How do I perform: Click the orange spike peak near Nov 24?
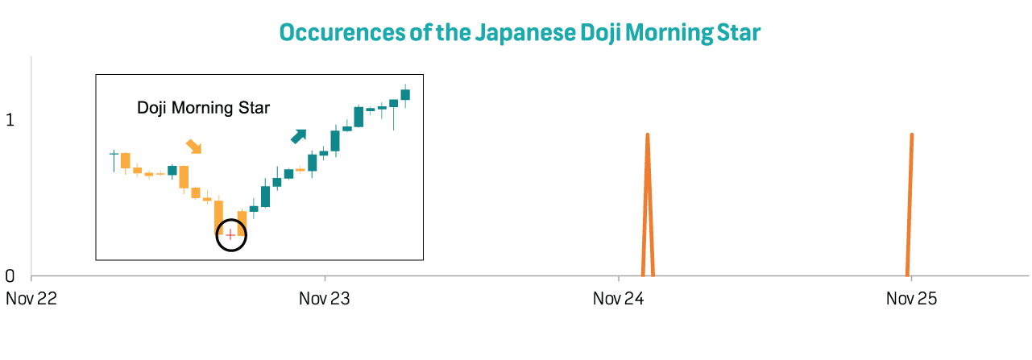(x=648, y=135)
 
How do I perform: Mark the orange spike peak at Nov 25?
(x=911, y=135)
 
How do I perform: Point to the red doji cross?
(x=230, y=234)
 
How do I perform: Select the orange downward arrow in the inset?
(x=194, y=146)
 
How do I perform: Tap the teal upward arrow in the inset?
(x=299, y=136)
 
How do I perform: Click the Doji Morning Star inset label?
(x=203, y=108)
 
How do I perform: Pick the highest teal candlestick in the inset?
(x=405, y=94)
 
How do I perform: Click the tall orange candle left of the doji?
(x=219, y=217)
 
